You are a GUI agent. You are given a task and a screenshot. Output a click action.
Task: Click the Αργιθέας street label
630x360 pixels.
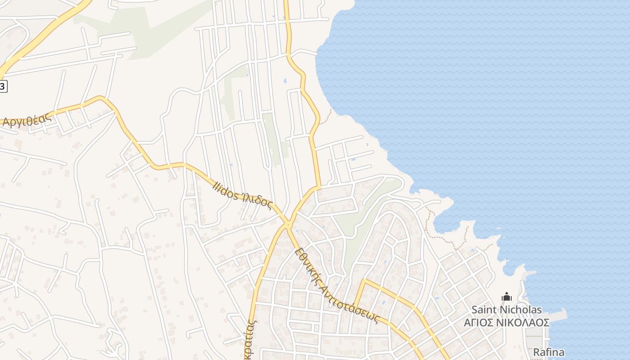27,119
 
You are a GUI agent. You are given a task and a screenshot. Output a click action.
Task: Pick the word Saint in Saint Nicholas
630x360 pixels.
484,310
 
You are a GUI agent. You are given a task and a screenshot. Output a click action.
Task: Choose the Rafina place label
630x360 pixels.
549,352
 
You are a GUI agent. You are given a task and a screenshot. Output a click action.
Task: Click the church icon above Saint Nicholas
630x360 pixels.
507,297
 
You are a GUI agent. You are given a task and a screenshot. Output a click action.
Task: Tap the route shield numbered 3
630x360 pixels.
3,86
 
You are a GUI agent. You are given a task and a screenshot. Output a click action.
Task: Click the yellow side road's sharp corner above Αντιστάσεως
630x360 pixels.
363,281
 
